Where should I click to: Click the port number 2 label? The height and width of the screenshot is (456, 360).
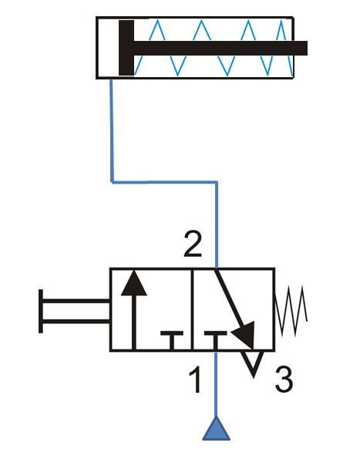pos(193,245)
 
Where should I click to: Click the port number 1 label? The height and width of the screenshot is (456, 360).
pos(196,379)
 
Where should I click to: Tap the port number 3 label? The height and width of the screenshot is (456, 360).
pos(284,379)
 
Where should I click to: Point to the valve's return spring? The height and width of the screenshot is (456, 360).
pos(291,311)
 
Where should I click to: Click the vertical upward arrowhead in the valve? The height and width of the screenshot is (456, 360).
pos(134,283)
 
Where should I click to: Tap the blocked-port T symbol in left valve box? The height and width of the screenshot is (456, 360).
pos(172,339)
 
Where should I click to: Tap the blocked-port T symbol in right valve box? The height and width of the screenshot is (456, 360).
pos(216,339)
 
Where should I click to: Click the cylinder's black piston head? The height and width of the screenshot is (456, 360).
pos(126,48)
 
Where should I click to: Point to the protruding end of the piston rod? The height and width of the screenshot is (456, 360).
pos(301,48)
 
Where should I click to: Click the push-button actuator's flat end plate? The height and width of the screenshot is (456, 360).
pos(41,311)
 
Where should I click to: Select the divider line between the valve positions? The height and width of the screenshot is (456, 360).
pos(192,309)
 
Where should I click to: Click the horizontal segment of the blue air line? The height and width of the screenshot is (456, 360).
pos(164,182)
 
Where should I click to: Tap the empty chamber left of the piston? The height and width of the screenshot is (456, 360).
pos(108,48)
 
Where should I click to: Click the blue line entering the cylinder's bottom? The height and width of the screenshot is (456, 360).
pos(112,130)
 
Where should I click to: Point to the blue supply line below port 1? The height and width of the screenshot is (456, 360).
pos(216,384)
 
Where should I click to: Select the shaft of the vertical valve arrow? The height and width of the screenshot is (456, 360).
pos(134,323)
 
